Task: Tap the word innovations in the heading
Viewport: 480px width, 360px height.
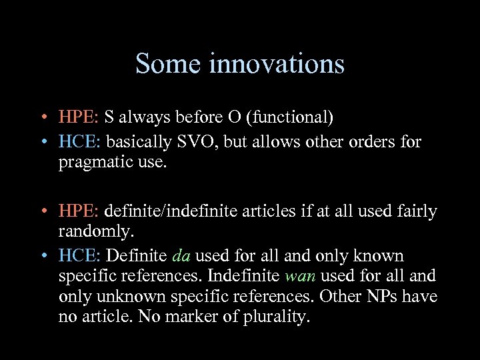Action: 277,65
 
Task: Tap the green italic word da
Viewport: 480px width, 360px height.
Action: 181,256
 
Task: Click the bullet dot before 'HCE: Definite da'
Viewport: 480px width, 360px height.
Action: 43,257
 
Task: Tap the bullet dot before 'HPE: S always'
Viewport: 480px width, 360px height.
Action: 43,118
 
